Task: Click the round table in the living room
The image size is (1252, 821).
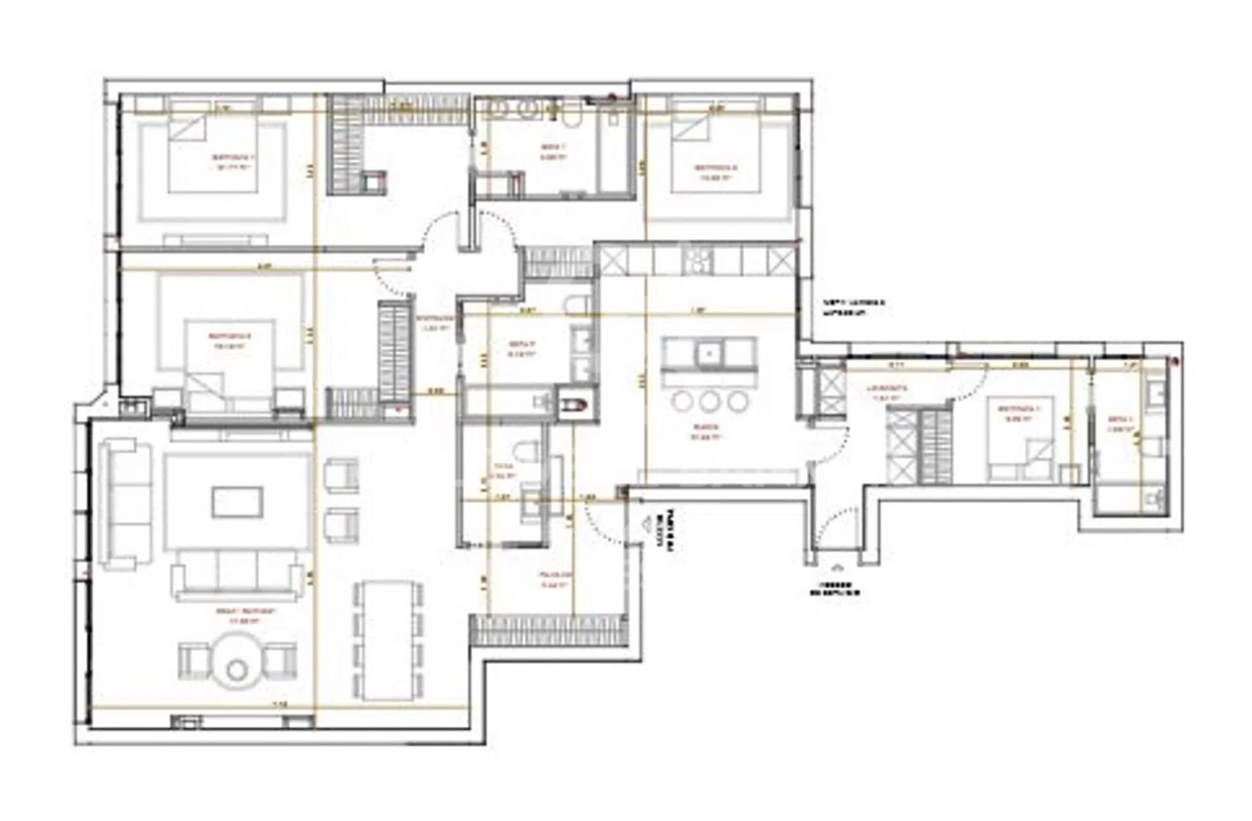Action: pyautogui.click(x=237, y=663)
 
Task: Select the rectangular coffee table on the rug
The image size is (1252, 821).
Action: pyautogui.click(x=237, y=502)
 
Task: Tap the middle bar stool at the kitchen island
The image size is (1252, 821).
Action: pyautogui.click(x=708, y=401)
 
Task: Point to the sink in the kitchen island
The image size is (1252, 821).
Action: pyautogui.click(x=709, y=354)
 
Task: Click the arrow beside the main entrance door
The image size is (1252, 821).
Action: pyautogui.click(x=649, y=524)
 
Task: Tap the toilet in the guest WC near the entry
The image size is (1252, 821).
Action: pyautogui.click(x=525, y=452)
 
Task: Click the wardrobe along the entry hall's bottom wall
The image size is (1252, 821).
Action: pyautogui.click(x=548, y=630)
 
